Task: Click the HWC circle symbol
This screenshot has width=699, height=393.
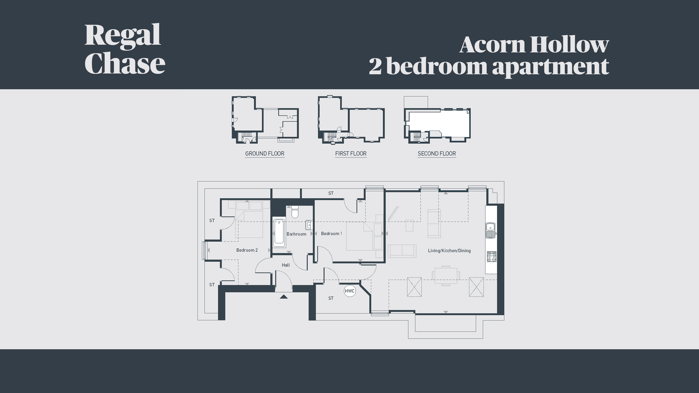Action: tap(349, 291)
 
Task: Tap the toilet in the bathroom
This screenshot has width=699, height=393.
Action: tap(295, 211)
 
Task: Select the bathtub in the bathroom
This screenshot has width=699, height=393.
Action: tap(279, 233)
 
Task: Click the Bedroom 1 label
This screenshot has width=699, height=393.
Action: tap(331, 233)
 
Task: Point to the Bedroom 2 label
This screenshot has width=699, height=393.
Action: tap(247, 250)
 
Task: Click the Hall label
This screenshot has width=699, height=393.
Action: tap(286, 265)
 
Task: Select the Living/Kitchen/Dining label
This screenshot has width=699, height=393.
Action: tap(449, 251)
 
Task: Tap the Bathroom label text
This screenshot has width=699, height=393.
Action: tap(296, 234)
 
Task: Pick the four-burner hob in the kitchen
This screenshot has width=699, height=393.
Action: tap(492, 256)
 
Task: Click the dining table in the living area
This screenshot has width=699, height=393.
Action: tap(446, 275)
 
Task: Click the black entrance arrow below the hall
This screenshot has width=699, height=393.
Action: tap(284, 297)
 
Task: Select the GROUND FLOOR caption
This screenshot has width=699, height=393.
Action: tap(265, 153)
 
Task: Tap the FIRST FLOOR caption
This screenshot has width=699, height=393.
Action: tap(351, 153)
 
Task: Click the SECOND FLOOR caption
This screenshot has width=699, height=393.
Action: tap(437, 153)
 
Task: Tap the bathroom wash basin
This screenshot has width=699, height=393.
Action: tap(309, 225)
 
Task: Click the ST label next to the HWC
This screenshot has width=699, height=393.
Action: tap(331, 298)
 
